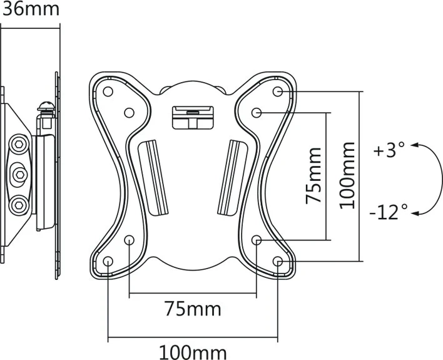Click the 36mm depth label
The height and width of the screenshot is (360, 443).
click(29, 9)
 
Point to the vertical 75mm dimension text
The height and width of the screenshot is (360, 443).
click(313, 175)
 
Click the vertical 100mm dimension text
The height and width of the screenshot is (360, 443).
click(348, 175)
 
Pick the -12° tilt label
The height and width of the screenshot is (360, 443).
click(388, 212)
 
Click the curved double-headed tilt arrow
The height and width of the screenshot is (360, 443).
click(427, 179)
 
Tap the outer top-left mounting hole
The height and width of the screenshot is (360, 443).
click(108, 91)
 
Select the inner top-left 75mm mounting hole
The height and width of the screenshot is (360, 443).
click(130, 113)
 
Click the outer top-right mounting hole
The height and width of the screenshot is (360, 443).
click(278, 91)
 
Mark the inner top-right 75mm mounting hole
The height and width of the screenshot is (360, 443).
click(257, 113)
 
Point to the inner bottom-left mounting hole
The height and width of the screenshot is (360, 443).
click(130, 240)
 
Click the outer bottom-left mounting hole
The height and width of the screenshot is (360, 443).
click(108, 261)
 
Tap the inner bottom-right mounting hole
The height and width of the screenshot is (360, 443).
click(257, 240)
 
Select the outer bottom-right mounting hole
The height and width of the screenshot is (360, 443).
click(278, 261)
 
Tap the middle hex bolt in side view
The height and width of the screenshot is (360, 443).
click(19, 172)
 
